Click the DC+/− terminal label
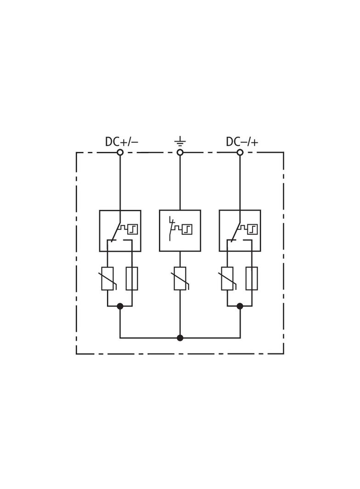(122, 142)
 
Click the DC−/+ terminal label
(242, 142)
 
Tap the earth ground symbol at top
(180, 142)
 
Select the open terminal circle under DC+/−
(120, 152)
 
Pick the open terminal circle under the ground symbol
(180, 152)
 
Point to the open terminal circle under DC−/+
(240, 152)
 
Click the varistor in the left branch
(107, 278)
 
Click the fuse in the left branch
(132, 278)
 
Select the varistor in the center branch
(180, 278)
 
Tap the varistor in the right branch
(227, 278)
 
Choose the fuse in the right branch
(252, 278)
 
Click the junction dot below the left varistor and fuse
(120, 306)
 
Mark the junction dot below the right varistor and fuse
(240, 306)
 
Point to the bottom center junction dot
(180, 338)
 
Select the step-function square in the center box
(187, 229)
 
